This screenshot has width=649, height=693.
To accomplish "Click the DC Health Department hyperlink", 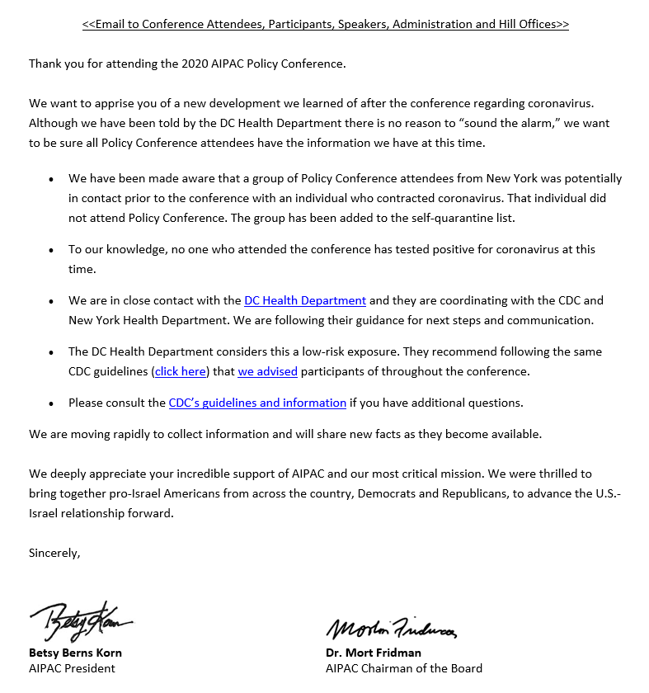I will coord(304,300).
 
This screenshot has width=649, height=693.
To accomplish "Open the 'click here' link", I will coord(181,371).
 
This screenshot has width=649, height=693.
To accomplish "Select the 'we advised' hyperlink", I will coord(267,371).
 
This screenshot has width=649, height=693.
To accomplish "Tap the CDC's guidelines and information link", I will coord(257,403).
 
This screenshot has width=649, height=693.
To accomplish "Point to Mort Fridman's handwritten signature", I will coord(391,629).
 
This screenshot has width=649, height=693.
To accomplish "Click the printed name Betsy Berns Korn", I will coord(75,653).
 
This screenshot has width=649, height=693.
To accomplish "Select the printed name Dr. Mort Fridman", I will coord(373,653).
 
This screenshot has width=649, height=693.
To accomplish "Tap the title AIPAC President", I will coord(72,668).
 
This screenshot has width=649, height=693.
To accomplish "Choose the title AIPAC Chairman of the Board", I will coord(403,668).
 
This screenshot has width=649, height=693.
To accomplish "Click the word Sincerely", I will coord(54,553).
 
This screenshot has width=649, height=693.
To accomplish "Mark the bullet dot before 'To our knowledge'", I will coord(52,250).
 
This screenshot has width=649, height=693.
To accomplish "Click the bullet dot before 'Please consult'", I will coord(52,403).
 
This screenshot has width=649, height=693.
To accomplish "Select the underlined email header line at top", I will coord(325,25).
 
